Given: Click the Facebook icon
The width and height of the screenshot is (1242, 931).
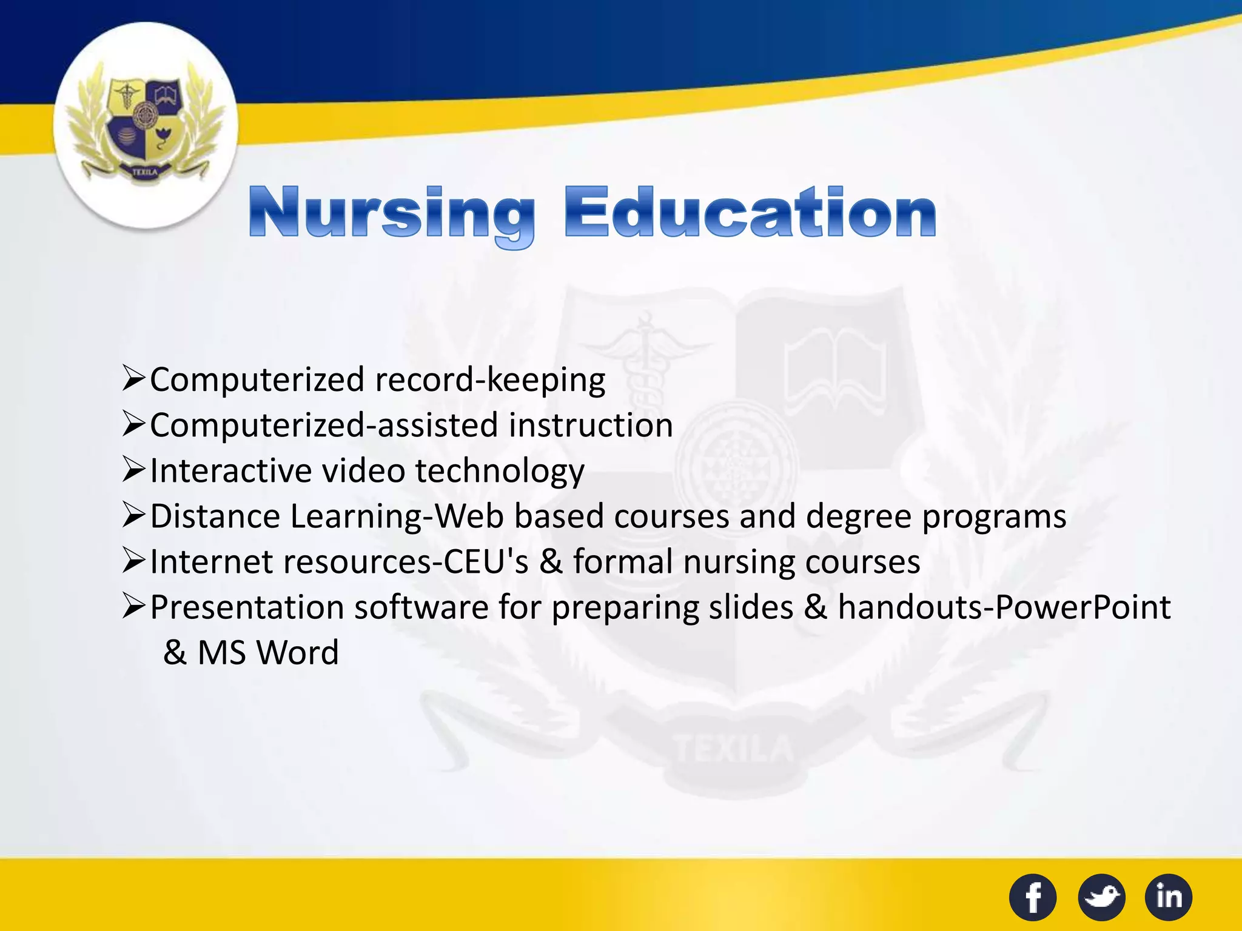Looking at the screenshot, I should [1033, 897].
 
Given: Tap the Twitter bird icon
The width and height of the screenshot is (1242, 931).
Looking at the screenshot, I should [1101, 897].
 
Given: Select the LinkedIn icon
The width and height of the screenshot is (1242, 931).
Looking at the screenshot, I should [1169, 897].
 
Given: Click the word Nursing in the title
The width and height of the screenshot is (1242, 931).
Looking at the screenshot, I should [392, 213].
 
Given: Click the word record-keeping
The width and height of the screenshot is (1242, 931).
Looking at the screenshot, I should [490, 381].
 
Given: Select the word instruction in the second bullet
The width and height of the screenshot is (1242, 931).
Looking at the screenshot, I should [591, 425].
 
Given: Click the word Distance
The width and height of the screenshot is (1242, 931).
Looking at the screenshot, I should [215, 516].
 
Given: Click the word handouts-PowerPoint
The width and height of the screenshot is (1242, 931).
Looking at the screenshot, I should [1004, 607].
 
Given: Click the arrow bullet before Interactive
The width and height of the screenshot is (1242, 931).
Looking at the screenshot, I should [133, 470].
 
